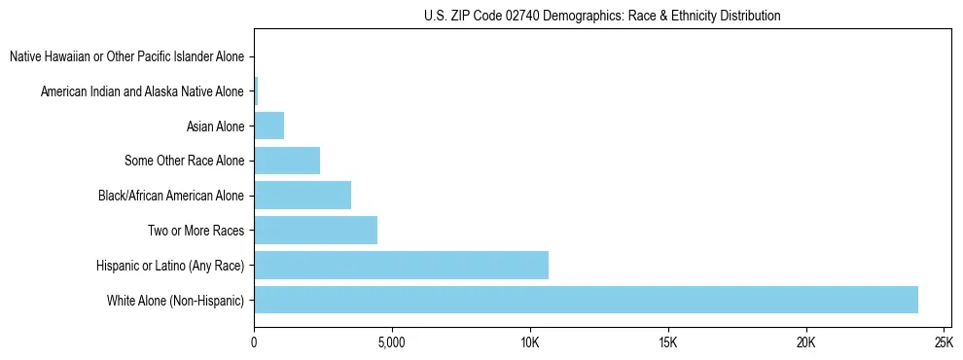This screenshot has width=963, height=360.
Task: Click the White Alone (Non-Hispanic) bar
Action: click(586, 300)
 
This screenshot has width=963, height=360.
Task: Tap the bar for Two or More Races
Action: click(315, 231)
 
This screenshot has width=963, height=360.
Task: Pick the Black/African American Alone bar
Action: click(303, 196)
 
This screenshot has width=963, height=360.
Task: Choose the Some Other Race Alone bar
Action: click(287, 161)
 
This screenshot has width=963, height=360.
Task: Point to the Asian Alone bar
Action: click(268, 126)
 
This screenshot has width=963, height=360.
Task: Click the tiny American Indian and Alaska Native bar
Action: click(256, 91)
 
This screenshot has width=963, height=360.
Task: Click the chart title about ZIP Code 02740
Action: click(602, 16)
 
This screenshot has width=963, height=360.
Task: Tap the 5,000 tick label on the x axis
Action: click(391, 343)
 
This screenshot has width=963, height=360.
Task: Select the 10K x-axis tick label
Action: click(530, 343)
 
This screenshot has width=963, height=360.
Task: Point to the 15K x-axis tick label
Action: click(667, 343)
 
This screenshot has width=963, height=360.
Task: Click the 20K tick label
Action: click(805, 343)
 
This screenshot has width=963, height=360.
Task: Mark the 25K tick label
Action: click(944, 343)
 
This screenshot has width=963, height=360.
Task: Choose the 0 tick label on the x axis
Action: click(254, 343)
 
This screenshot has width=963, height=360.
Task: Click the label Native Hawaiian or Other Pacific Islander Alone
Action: click(126, 56)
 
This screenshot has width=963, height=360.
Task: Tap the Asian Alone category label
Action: click(215, 126)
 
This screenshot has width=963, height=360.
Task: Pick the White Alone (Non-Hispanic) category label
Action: click(175, 301)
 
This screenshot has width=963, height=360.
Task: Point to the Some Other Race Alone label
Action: click(184, 161)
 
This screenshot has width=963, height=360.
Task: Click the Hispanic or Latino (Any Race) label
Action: click(170, 266)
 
